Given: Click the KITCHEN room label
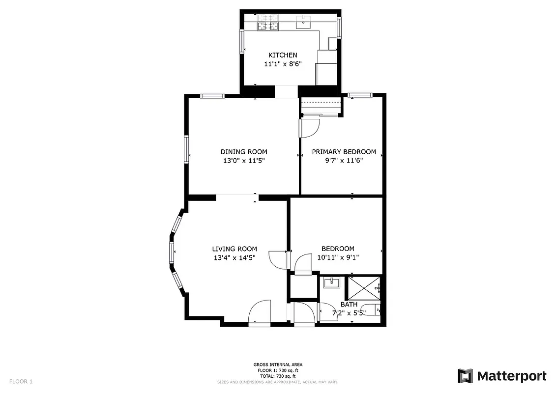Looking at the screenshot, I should pyautogui.click(x=282, y=55).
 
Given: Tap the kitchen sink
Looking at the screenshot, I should pyautogui.click(x=304, y=21).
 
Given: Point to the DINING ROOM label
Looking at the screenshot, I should pyautogui.click(x=244, y=152).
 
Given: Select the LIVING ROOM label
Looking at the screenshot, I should pyautogui.click(x=234, y=249).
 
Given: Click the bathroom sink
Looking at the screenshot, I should pyautogui.click(x=332, y=282).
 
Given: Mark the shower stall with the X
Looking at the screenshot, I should pyautogui.click(x=364, y=288).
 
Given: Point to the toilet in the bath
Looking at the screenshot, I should pyautogui.click(x=376, y=310).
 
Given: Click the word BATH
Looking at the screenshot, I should pyautogui.click(x=349, y=305).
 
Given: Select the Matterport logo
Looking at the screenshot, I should pyautogui.click(x=502, y=376).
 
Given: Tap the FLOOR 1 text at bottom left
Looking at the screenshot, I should pyautogui.click(x=21, y=381).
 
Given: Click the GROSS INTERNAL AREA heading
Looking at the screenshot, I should pyautogui.click(x=278, y=365).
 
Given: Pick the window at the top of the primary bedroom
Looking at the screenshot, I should pyautogui.click(x=360, y=95).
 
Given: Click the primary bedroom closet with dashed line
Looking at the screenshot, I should pyautogui.click(x=321, y=107).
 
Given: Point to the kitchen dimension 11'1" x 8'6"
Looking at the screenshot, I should pyautogui.click(x=282, y=64).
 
